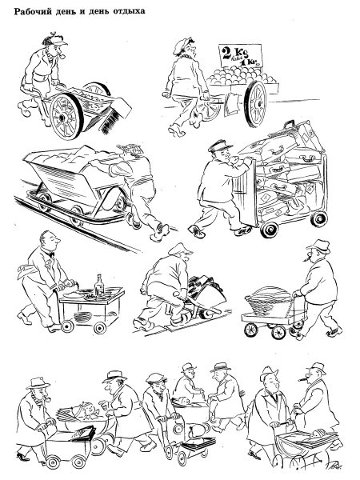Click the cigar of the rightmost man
[305, 378]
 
